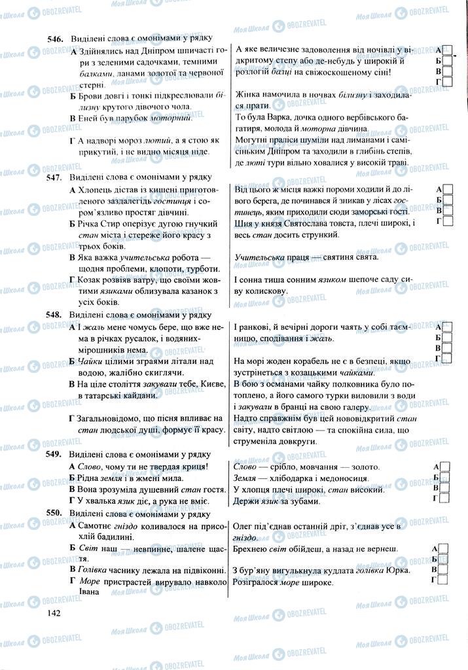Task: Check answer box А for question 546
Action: (x=448, y=50)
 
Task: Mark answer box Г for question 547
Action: (x=448, y=221)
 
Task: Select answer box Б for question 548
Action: (x=448, y=337)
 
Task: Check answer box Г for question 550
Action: (x=448, y=580)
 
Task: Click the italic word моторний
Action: (x=172, y=118)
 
